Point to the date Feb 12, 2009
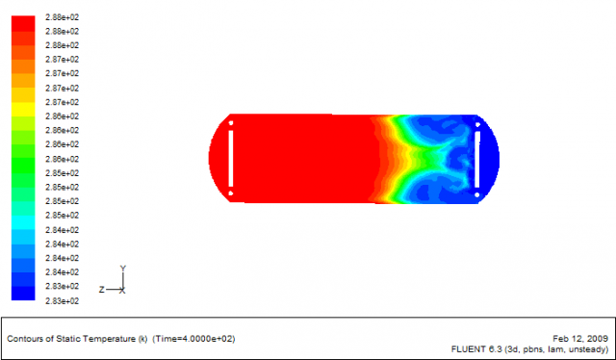pyautogui.click(x=580, y=339)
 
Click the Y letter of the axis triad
pyautogui.click(x=123, y=269)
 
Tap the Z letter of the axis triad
pyautogui.click(x=102, y=290)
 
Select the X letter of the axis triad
pyautogui.click(x=122, y=291)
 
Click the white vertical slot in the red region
pyautogui.click(x=231, y=159)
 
